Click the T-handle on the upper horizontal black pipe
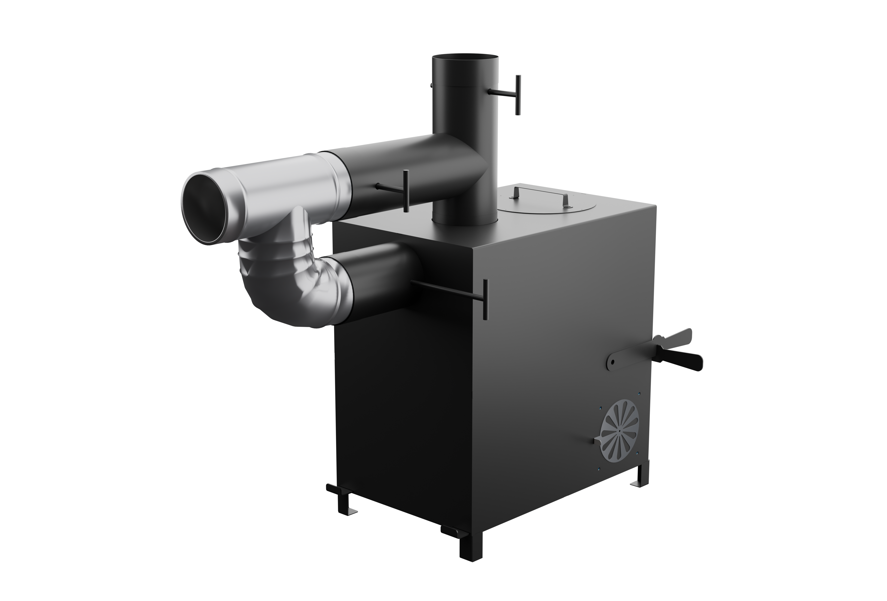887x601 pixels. pyautogui.click(x=405, y=190)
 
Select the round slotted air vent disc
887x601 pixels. pyautogui.click(x=619, y=431)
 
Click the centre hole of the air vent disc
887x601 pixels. pyautogui.click(x=619, y=430)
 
